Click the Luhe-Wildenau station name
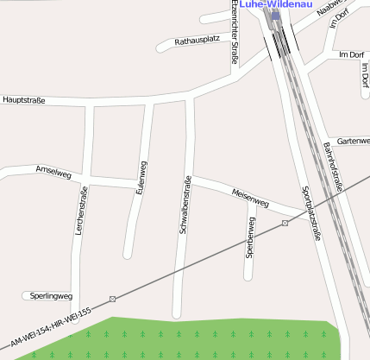[x=275, y=4]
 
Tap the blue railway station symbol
[x=276, y=15]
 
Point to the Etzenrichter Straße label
[x=233, y=32]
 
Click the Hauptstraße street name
[x=24, y=100]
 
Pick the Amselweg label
[x=53, y=172]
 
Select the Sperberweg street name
[x=250, y=237]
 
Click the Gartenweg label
[x=354, y=141]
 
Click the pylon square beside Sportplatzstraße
[x=285, y=224]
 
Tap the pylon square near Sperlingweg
[x=112, y=299]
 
